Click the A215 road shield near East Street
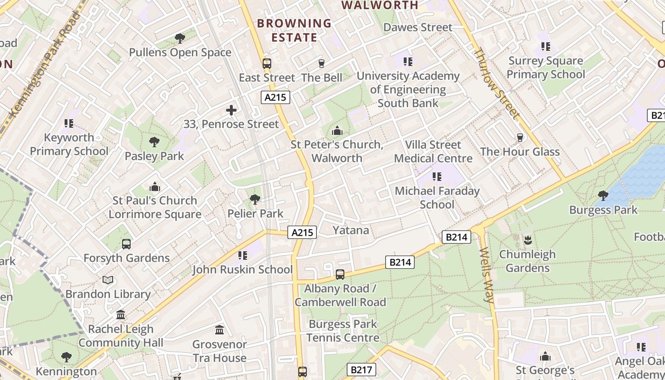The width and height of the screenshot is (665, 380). click(x=275, y=97)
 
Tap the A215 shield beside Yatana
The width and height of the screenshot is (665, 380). click(x=302, y=232)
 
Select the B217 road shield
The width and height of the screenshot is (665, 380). click(x=361, y=370)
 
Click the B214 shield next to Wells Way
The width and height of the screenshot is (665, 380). click(x=456, y=237)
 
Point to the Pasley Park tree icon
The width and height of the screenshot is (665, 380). click(x=154, y=142)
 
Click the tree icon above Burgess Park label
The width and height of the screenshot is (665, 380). click(x=603, y=195)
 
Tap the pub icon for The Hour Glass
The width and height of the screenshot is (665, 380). click(x=520, y=138)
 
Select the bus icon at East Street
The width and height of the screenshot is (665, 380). click(x=266, y=63)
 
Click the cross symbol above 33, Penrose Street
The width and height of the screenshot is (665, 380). click(x=231, y=110)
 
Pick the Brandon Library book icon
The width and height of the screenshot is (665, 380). click(x=108, y=280)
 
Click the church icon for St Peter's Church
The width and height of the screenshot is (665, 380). click(x=337, y=130)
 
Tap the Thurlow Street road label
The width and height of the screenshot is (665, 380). click(x=496, y=83)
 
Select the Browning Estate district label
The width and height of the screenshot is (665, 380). click(x=294, y=30)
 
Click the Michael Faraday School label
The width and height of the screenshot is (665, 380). click(x=437, y=198)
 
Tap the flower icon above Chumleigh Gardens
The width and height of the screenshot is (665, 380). click(x=527, y=240)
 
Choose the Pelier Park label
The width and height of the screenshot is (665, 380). click(x=256, y=214)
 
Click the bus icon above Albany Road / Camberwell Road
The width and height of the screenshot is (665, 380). click(x=340, y=274)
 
